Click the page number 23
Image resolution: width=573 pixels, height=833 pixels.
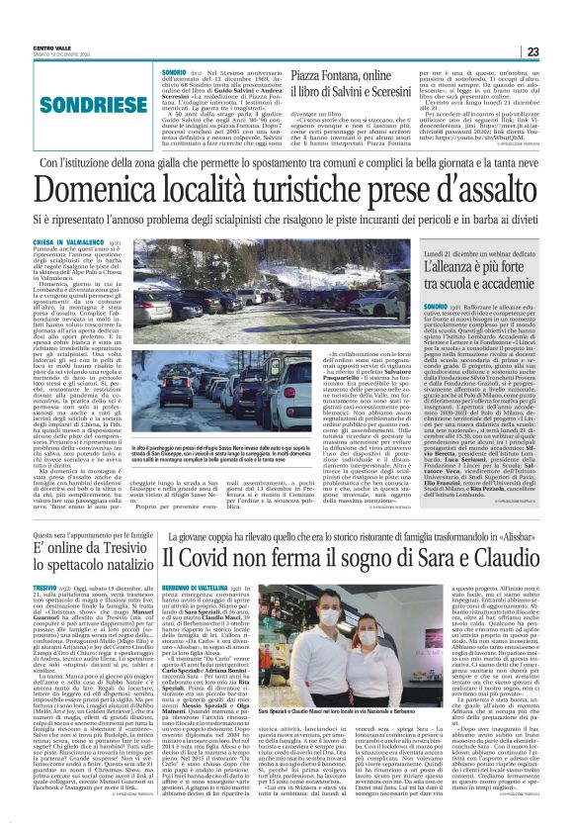click(x=558, y=25)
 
